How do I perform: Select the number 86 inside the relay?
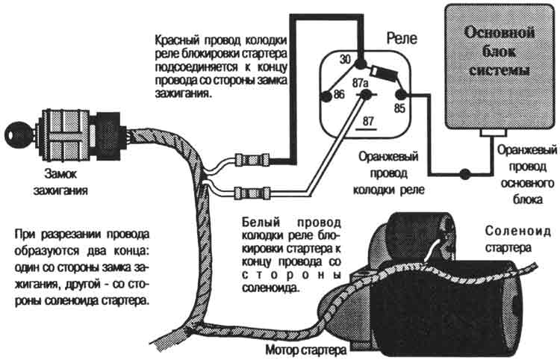(338, 95)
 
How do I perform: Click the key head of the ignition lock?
(14, 136)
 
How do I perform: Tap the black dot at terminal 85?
(399, 95)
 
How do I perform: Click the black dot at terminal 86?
(326, 96)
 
